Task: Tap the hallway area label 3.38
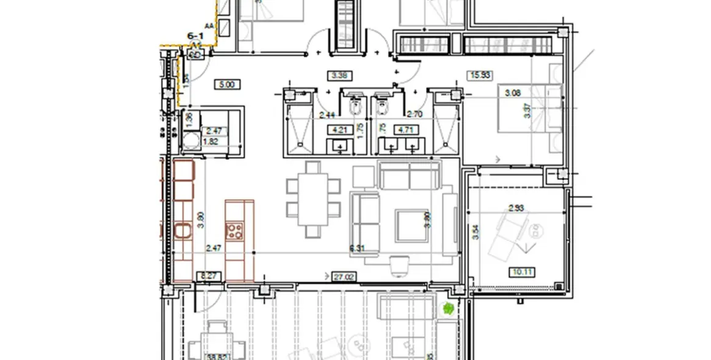339,76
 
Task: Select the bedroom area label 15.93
479,76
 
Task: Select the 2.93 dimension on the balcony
516,208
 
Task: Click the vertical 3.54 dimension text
475,232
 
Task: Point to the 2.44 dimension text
327,113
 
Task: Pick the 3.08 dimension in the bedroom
512,93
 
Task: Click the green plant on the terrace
448,309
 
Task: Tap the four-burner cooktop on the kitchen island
235,231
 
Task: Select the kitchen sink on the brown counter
183,231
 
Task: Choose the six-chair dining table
313,200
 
